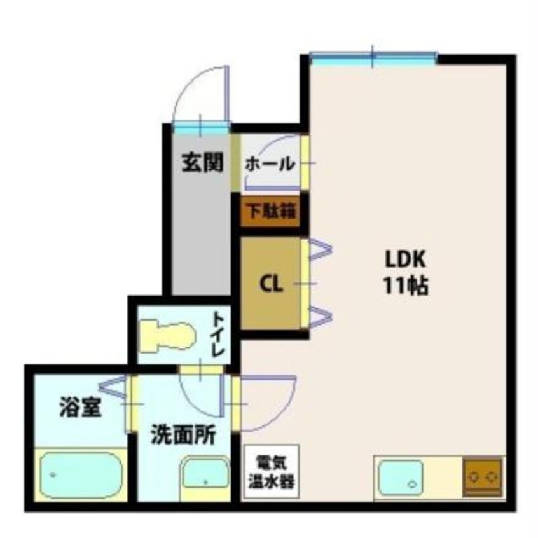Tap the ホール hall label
click(x=270, y=164)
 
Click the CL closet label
click(x=271, y=284)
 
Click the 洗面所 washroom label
click(x=183, y=437)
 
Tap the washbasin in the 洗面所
click(x=205, y=478)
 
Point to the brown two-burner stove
click(x=483, y=477)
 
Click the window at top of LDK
click(x=373, y=59)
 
